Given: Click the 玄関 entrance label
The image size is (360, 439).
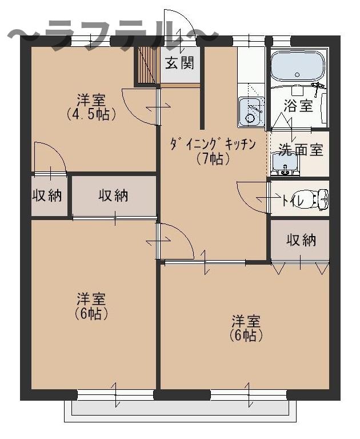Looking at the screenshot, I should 179,63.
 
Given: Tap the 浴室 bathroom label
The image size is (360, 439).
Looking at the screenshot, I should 298,105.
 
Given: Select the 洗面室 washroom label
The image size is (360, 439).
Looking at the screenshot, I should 301,150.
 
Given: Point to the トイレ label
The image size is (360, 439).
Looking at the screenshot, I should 293,199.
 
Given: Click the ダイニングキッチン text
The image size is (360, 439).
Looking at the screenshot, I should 211,144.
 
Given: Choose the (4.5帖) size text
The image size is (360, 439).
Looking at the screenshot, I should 91,113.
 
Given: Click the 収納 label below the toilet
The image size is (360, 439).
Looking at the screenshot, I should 301,240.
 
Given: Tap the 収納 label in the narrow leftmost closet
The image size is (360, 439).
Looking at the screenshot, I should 46,195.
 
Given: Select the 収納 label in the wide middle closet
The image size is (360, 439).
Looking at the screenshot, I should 114,195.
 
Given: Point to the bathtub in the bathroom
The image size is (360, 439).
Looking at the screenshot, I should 297,67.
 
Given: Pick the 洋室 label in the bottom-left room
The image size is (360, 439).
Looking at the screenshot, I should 91,299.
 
